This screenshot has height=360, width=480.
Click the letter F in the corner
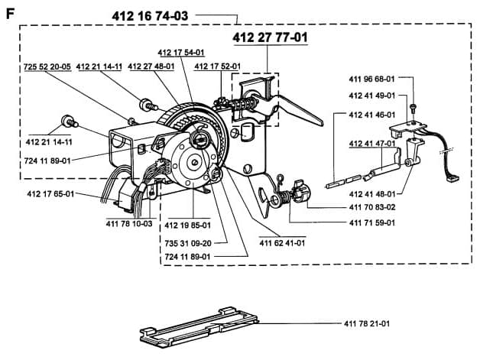[x=10, y=14]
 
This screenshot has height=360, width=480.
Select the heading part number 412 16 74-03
[x=150, y=16]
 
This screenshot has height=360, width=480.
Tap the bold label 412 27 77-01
[x=271, y=38]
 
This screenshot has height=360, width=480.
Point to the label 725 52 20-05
[x=47, y=66]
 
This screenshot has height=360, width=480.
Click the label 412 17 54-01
[x=181, y=53]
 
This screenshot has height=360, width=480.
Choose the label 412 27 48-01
[x=151, y=66]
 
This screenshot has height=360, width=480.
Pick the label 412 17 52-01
[x=218, y=66]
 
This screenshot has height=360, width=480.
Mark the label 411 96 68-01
[x=372, y=79]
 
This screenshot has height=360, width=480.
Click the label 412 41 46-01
[x=372, y=115]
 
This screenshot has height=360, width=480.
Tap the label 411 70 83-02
[x=372, y=207]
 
